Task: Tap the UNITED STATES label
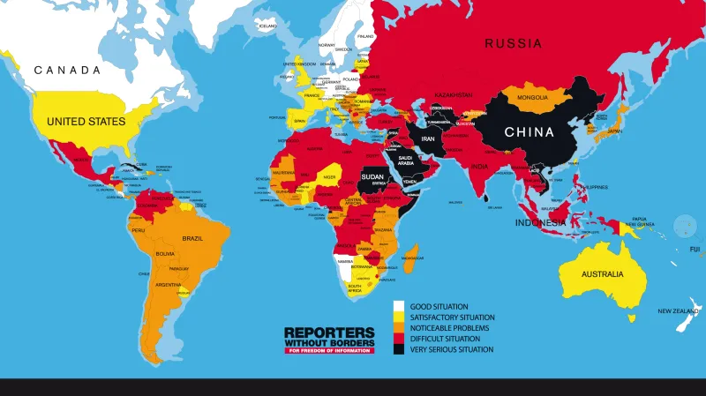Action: (86, 121)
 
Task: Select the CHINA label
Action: (529, 132)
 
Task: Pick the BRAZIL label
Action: (192, 239)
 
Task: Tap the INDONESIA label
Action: (541, 222)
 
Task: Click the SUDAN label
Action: (372, 177)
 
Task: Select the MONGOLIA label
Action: (533, 97)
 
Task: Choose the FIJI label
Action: (695, 249)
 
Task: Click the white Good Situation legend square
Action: (398, 307)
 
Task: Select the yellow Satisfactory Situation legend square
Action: (398, 318)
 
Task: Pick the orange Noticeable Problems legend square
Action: (398, 328)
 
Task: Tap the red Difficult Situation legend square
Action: (398, 339)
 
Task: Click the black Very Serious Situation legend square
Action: (398, 349)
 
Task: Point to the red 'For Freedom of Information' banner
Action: (329, 350)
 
